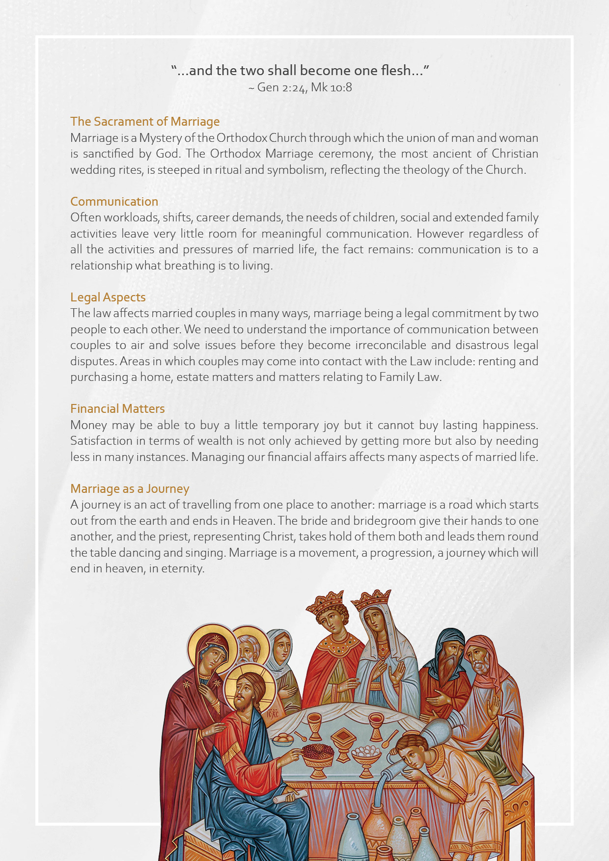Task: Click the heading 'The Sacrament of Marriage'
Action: pyautogui.click(x=145, y=121)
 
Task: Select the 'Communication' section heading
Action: pyautogui.click(x=114, y=201)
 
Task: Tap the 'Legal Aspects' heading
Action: pyautogui.click(x=108, y=297)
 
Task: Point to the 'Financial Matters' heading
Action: pyautogui.click(x=117, y=408)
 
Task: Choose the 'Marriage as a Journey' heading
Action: pyautogui.click(x=130, y=488)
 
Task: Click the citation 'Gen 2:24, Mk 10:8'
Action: pyautogui.click(x=304, y=87)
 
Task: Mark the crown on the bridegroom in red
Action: pyautogui.click(x=325, y=602)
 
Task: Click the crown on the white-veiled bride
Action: pyautogui.click(x=372, y=600)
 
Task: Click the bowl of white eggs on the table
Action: pyautogui.click(x=366, y=755)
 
